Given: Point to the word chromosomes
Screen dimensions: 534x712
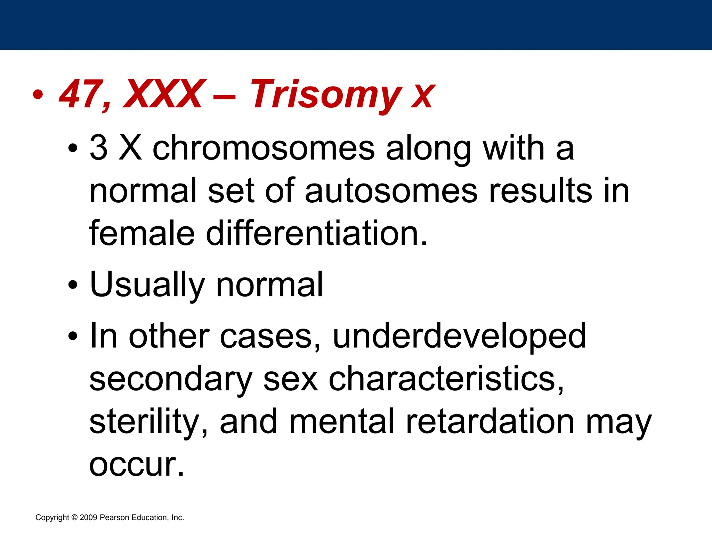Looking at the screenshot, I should click(264, 148).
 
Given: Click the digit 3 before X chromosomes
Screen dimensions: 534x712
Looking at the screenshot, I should click(98, 148).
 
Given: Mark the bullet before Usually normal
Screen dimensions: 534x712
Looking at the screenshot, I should click(73, 285).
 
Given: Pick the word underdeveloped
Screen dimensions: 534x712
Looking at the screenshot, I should click(459, 336).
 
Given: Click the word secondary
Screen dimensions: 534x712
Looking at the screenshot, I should click(171, 379).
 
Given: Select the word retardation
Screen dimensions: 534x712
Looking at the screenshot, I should click(490, 421).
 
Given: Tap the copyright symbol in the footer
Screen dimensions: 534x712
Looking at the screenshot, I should click(74, 517).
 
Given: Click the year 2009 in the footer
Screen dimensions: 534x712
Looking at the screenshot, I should click(88, 517).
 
